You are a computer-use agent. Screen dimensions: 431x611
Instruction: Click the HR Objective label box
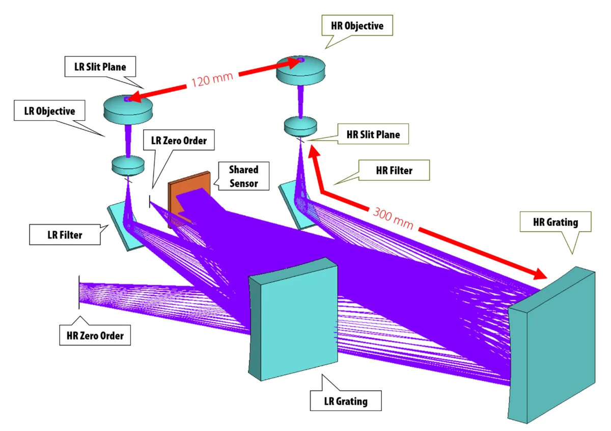pyautogui.click(x=357, y=25)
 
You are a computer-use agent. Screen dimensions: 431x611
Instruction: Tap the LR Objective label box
pyautogui.click(x=49, y=111)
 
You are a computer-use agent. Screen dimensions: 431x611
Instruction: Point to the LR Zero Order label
pyautogui.click(x=176, y=140)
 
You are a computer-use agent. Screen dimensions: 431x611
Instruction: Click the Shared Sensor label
pyautogui.click(x=243, y=176)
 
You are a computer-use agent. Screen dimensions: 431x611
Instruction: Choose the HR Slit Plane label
pyautogui.click(x=373, y=135)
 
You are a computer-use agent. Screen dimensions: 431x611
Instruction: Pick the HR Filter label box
pyautogui.click(x=394, y=170)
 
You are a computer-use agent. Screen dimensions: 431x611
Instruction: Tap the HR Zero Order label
pyautogui.click(x=95, y=336)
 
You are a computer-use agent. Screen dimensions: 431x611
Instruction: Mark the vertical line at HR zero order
pyautogui.click(x=79, y=292)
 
